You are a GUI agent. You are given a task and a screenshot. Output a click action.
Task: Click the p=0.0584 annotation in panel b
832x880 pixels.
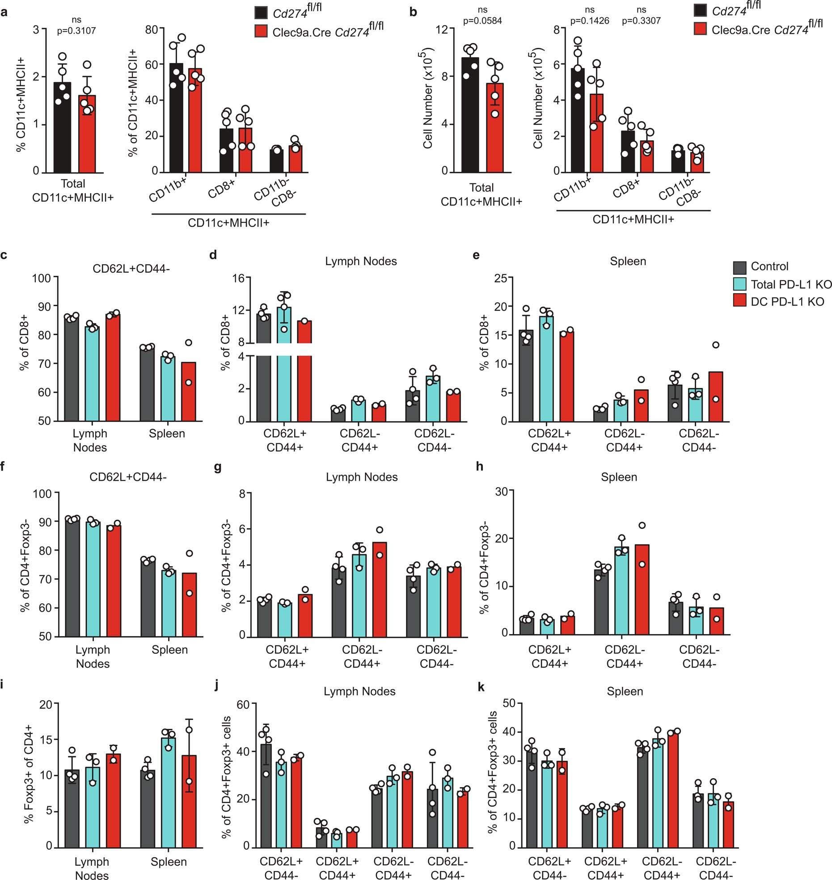[482, 21]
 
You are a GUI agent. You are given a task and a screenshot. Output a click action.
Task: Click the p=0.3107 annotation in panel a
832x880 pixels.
[76, 30]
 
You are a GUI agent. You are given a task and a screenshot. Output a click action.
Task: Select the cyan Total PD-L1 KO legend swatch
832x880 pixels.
[739, 284]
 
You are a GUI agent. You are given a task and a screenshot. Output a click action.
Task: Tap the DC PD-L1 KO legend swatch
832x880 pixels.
[739, 302]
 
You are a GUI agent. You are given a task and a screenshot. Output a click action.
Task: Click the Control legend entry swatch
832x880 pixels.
[739, 267]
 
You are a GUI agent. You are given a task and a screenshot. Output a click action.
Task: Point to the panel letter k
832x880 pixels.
[481, 687]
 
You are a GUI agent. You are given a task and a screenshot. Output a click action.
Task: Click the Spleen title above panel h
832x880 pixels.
[618, 477]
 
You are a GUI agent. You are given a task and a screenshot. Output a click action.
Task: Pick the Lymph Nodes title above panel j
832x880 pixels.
[359, 691]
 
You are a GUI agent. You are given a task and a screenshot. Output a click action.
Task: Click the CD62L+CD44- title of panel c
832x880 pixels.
[131, 269]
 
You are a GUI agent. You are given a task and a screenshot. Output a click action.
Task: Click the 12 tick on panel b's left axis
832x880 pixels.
[441, 29]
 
